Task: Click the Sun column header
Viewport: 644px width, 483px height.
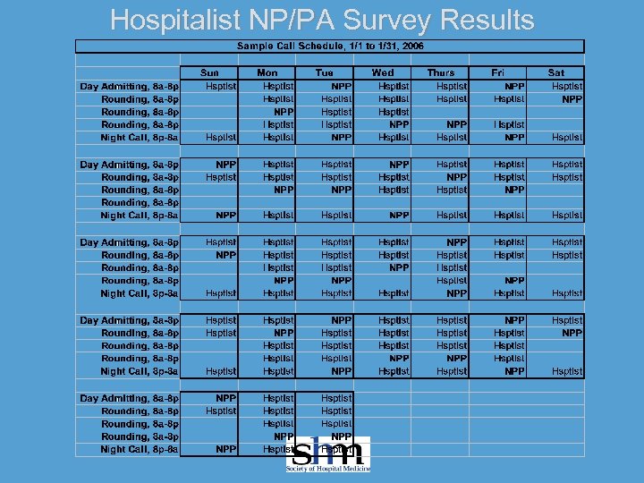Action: [x=209, y=72]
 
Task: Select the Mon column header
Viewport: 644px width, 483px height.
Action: [x=267, y=72]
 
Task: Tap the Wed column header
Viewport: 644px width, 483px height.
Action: [x=382, y=72]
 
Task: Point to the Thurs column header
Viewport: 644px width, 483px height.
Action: [x=440, y=72]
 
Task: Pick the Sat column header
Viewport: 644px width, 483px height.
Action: [x=555, y=72]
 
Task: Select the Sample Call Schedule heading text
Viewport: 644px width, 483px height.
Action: [x=330, y=46]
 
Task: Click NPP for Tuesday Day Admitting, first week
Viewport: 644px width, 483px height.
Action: [x=341, y=86]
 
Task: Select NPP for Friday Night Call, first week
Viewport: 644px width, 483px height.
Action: [x=514, y=138]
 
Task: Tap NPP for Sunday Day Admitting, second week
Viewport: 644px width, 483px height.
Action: [x=225, y=165]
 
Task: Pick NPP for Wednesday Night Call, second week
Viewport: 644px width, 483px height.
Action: [x=399, y=216]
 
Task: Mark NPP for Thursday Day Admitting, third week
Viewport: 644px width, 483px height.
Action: [x=456, y=242]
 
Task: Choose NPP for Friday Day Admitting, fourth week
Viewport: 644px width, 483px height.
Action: [x=514, y=319]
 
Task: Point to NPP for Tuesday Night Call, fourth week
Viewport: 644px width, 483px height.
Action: [x=341, y=371]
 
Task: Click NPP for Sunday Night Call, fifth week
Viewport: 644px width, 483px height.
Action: [x=225, y=449]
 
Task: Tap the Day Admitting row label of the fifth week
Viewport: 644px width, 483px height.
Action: [x=129, y=397]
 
